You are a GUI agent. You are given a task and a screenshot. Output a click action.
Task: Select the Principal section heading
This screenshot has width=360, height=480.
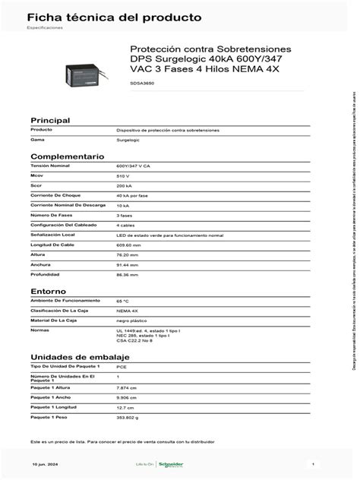point(49,121)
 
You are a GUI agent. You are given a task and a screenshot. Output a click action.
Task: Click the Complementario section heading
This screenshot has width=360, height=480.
point(67,155)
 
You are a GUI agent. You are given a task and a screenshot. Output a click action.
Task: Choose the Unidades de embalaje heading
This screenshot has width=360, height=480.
point(80,357)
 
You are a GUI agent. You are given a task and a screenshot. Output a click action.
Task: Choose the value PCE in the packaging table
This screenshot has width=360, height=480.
point(122,366)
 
